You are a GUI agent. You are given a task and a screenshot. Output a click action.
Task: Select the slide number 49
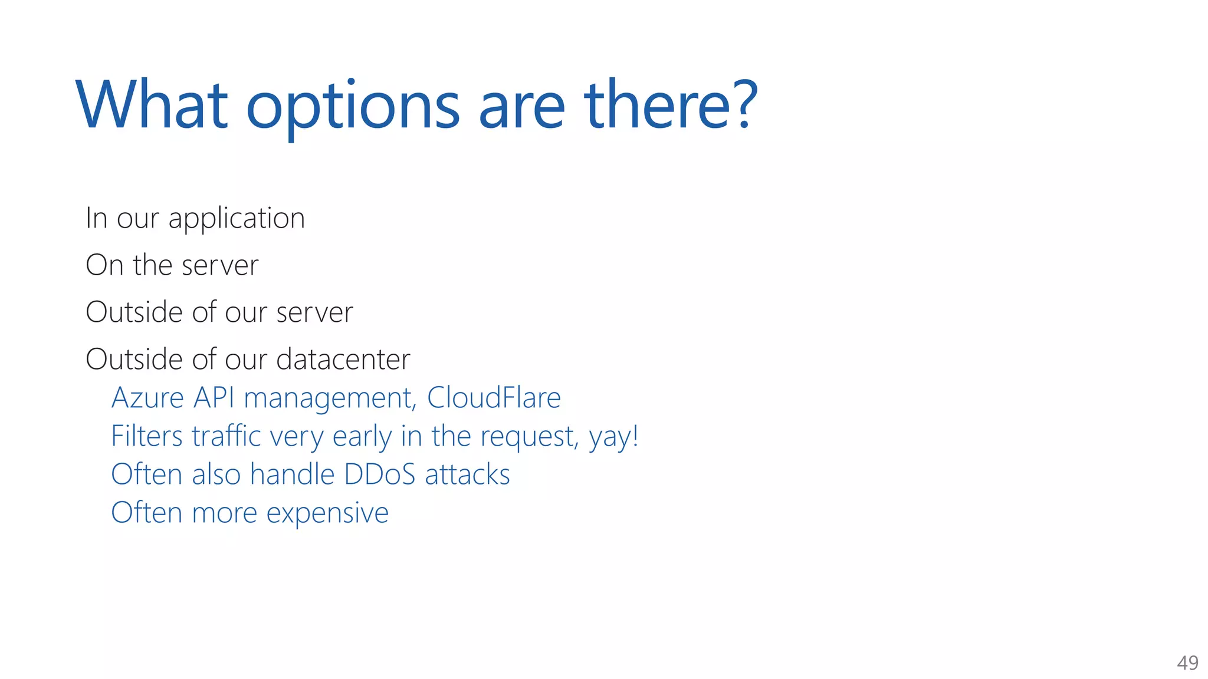pyautogui.click(x=1187, y=663)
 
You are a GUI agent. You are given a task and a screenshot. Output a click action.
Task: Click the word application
pyautogui.click(x=237, y=219)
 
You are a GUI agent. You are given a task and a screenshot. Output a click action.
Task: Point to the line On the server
pyautogui.click(x=172, y=265)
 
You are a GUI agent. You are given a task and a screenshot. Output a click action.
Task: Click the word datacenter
pyautogui.click(x=343, y=359)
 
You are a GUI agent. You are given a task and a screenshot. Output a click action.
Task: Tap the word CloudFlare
pyautogui.click(x=494, y=397)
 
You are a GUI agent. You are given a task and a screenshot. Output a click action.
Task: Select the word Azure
pyautogui.click(x=147, y=397)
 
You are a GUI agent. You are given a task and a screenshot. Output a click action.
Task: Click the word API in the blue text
pyautogui.click(x=214, y=397)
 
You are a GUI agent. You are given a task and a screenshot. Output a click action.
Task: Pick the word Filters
pyautogui.click(x=147, y=436)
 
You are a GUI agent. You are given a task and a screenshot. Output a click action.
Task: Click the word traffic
pyautogui.click(x=226, y=436)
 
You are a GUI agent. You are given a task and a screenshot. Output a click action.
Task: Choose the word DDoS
pyautogui.click(x=380, y=474)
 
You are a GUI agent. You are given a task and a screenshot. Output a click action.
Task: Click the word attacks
pyautogui.click(x=467, y=474)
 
